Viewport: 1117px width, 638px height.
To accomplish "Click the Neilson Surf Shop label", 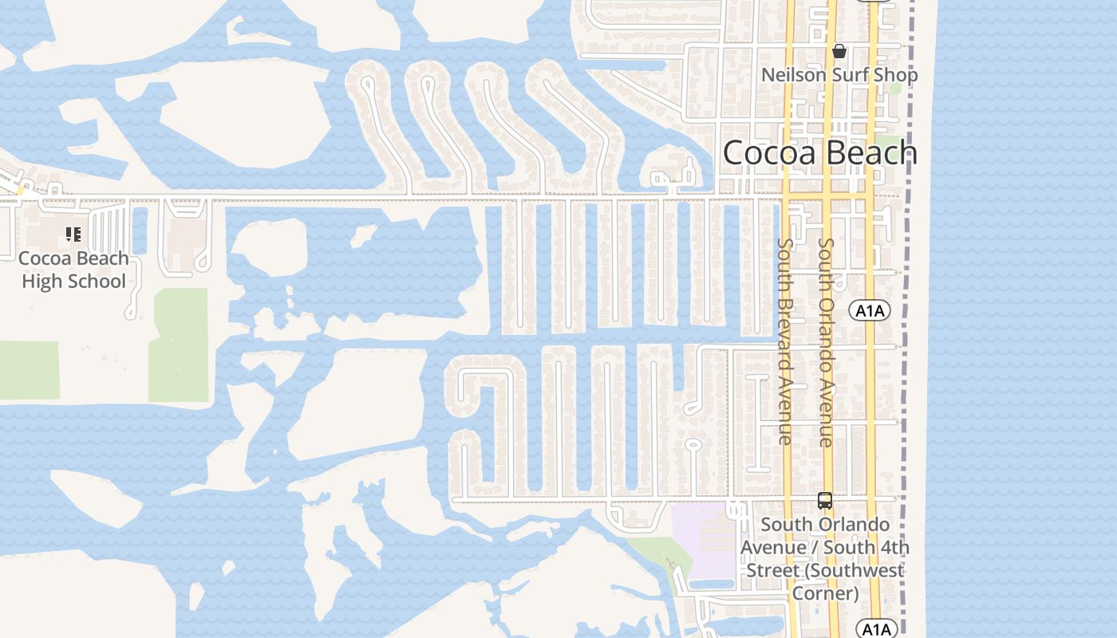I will coord(839,75).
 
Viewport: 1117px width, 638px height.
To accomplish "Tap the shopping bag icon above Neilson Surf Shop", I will coord(839,52).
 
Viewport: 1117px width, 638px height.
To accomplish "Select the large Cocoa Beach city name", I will coord(820,153).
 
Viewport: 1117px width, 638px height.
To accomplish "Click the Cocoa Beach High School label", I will coord(73,270).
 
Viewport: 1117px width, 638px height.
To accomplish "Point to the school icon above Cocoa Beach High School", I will coord(73,234).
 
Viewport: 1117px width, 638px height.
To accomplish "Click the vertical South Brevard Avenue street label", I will coord(785,341).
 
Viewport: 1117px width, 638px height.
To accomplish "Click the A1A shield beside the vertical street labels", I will coord(870,310).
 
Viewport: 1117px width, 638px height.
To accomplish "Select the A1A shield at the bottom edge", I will coord(876,629).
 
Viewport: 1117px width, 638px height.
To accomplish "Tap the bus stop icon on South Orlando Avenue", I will coord(825,502).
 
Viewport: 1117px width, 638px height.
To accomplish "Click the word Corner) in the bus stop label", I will coord(825,593).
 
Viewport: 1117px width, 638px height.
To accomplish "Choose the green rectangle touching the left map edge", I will coord(29,370).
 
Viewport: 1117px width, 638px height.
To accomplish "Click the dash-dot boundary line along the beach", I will coord(906,359).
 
